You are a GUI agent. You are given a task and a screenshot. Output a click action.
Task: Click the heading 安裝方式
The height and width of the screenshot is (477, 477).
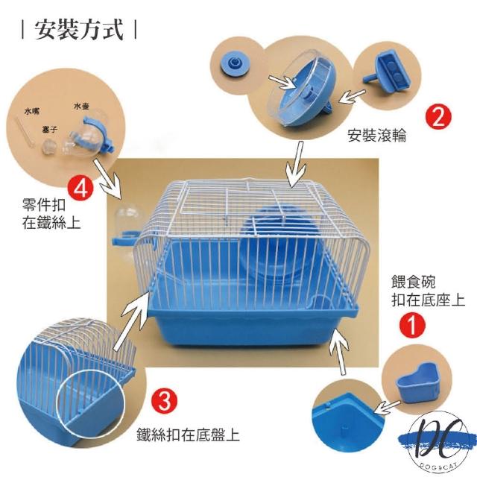pyautogui.click(x=79, y=30)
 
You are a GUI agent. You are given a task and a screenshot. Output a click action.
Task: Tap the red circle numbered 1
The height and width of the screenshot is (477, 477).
pyautogui.click(x=412, y=326)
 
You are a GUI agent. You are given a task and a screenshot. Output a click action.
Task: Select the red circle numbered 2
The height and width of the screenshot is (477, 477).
pyautogui.click(x=438, y=116)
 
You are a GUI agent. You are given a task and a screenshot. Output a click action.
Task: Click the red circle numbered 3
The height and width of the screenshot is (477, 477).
pyautogui.click(x=164, y=400)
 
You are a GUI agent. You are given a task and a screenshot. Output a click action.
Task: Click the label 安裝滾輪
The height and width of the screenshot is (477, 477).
pyautogui.click(x=376, y=136)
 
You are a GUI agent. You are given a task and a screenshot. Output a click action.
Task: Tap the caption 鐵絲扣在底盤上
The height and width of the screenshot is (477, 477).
pyautogui.click(x=188, y=435)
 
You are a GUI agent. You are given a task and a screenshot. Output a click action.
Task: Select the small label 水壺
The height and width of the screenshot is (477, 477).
pyautogui.click(x=81, y=106)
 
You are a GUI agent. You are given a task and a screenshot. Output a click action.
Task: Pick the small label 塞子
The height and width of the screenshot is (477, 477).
pyautogui.click(x=50, y=130)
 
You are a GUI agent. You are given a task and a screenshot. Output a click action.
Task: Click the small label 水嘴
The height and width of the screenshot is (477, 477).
pyautogui.click(x=31, y=111)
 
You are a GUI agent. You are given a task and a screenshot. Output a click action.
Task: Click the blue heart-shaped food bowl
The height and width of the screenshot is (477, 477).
pyautogui.click(x=417, y=382)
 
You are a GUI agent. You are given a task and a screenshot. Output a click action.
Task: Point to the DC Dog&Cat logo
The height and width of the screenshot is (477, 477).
pyautogui.click(x=438, y=441)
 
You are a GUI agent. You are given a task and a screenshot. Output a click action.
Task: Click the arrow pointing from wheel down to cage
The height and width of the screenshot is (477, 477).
pyautogui.click(x=297, y=164)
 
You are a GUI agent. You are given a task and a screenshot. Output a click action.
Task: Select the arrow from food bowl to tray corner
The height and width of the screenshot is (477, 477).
pyautogui.click(x=388, y=408)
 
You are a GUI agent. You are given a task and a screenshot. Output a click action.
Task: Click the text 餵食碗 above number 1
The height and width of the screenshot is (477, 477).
pyautogui.click(x=413, y=282)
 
